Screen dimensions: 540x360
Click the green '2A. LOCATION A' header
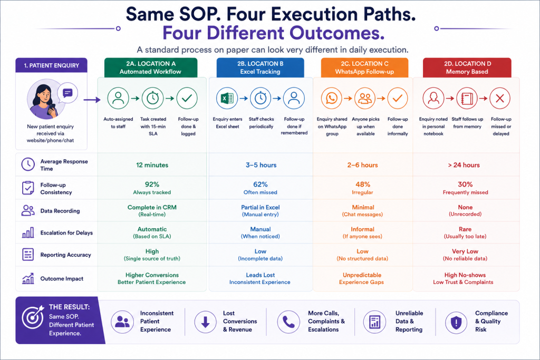150,67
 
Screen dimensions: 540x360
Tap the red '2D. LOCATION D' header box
467,67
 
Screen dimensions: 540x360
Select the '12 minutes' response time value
152,165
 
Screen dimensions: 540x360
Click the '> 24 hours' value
464,165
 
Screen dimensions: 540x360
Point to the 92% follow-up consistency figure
152,184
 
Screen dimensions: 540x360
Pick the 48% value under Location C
363,184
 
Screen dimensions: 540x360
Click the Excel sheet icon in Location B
227,99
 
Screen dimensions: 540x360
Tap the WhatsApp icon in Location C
332,99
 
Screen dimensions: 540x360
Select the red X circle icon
500,99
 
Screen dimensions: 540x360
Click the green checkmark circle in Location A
187,99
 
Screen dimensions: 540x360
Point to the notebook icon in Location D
467,99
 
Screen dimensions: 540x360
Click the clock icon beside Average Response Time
28,164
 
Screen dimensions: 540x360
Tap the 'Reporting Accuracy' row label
66,255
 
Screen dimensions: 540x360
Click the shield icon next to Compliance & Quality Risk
456,323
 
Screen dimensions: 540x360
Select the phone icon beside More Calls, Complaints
288,322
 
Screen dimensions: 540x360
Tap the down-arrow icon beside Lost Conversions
205,322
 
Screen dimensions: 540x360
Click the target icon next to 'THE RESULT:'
33,317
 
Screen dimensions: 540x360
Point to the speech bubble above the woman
67,93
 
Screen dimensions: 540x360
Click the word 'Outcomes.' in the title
337,33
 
